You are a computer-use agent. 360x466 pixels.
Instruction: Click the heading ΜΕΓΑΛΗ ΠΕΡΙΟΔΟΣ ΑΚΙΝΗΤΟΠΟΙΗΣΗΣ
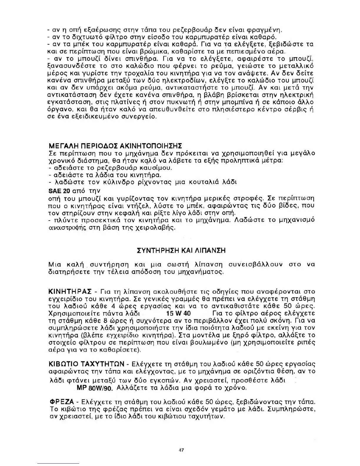pyautogui.click(x=115, y=146)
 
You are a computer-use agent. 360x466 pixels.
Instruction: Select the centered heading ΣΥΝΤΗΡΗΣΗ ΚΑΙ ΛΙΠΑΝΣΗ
pyautogui.click(x=181, y=251)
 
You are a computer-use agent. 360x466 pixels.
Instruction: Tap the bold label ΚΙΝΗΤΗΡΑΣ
pyautogui.click(x=70, y=292)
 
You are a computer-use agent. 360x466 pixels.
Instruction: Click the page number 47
pyautogui.click(x=181, y=450)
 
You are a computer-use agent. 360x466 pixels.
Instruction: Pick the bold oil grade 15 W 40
pyautogui.click(x=178, y=313)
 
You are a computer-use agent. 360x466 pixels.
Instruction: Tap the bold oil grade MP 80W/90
pyautogui.click(x=95, y=388)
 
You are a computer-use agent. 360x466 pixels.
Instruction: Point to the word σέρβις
pyautogui.click(x=297, y=109)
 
